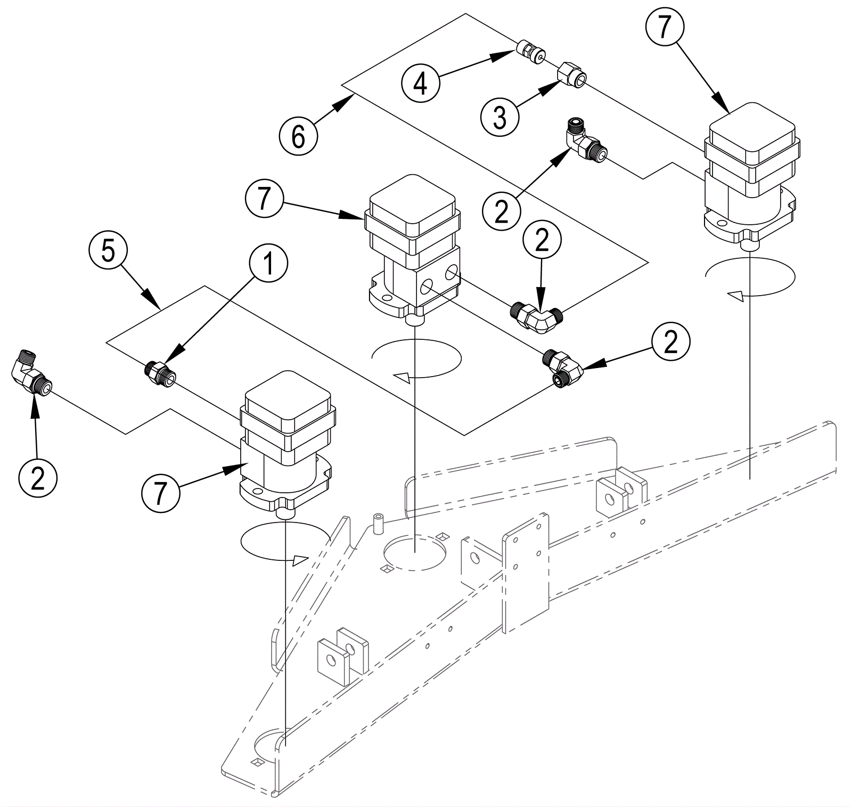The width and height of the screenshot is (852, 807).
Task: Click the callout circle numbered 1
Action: pos(268,264)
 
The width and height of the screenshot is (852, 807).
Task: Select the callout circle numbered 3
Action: pos(499,117)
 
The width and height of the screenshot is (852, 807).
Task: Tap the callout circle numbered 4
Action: pos(421,83)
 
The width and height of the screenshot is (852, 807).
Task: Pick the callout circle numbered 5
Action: pos(108,250)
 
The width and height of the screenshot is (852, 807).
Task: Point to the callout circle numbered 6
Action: pos(298,136)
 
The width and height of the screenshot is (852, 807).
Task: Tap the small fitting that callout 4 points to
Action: pos(530,52)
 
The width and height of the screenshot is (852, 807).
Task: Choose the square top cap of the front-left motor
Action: pos(287,397)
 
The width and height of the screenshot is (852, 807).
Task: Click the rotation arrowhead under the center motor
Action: pos(401,378)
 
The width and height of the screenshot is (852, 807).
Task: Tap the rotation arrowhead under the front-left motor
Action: pos(300,560)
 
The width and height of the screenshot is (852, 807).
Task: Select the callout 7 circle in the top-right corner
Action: pos(664,26)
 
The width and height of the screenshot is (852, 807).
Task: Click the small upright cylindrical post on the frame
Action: pos(378,524)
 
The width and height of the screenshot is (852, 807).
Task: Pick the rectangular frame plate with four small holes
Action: pos(526,573)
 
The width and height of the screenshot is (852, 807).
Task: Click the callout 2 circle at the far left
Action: pos(38,477)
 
